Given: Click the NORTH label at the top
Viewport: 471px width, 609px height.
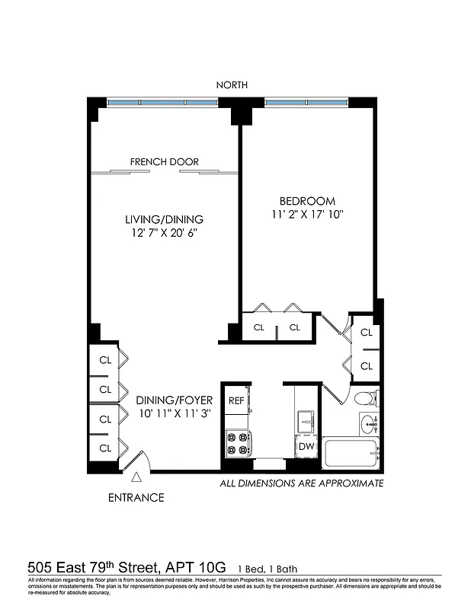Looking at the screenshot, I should coord(232,85).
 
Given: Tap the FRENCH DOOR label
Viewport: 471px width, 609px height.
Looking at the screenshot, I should coord(165,162).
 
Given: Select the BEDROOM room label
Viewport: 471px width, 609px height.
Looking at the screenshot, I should coord(307,200).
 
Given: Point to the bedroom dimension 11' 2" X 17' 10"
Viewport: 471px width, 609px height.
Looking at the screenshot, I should coord(307,215).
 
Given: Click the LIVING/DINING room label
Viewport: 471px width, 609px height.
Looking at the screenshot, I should coord(165,219).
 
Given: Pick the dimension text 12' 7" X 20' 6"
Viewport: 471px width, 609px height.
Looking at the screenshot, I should coord(165,233).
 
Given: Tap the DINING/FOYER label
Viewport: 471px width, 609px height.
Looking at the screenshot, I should coord(175,400).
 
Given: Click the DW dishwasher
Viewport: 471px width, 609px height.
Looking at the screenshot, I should coord(306,447).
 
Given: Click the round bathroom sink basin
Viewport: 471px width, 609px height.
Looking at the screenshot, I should coord(368,422).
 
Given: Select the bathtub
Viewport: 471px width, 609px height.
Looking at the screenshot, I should coord(351,454).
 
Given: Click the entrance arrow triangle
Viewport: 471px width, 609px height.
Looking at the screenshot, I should coord(136,477).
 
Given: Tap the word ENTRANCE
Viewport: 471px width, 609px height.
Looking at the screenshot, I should coord(136,498).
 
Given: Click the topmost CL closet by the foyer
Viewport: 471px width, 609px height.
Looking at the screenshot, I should coord(105,360).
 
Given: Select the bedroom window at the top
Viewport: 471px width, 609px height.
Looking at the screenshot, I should coord(306,102).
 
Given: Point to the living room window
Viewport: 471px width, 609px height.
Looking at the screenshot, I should coord(162,102).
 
